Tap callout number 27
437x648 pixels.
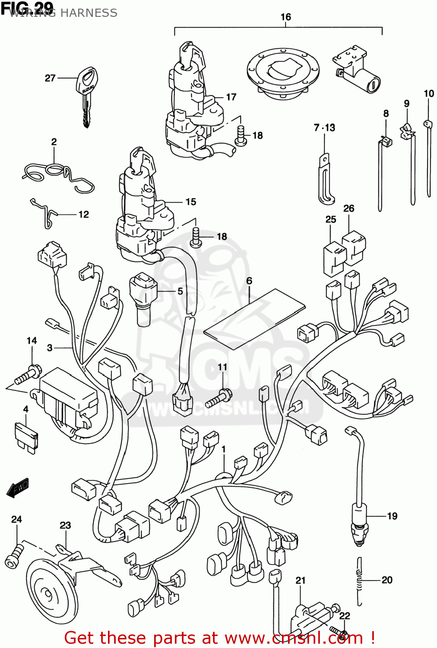[x=50, y=78]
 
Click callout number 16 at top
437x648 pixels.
[x=285, y=17]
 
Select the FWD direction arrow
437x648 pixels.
[x=18, y=488]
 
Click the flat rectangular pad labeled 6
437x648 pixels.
[x=254, y=319]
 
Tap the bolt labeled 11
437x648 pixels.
[x=218, y=398]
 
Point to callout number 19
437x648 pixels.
[x=392, y=516]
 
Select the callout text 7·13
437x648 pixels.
[x=324, y=128]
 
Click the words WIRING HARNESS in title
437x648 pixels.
[x=63, y=13]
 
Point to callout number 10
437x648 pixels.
[x=428, y=94]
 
